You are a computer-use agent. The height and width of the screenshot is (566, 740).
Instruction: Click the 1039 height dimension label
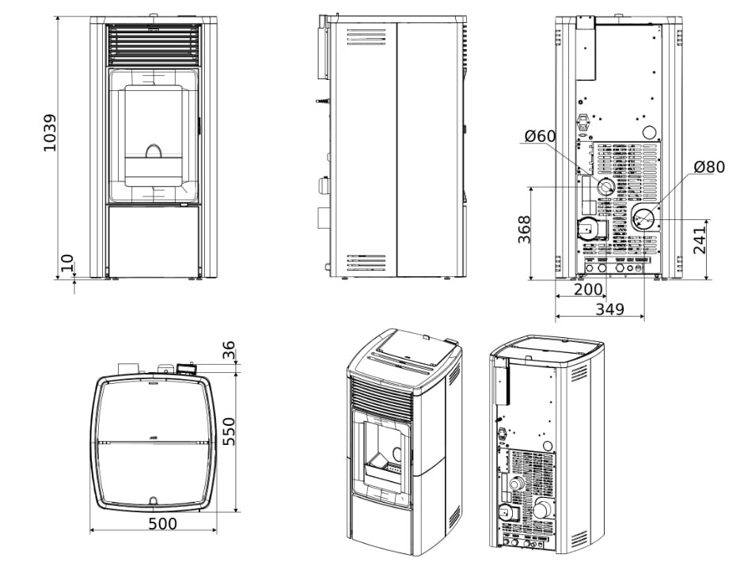(x=50, y=132)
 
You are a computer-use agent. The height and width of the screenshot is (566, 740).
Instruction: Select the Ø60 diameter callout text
(x=540, y=136)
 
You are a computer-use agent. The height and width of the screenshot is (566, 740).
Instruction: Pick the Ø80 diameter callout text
(x=708, y=167)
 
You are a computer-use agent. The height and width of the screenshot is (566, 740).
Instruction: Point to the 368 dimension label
(x=525, y=230)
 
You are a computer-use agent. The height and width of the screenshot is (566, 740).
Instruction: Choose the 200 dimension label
(x=587, y=290)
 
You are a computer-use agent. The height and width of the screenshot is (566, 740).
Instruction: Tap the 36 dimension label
(x=230, y=349)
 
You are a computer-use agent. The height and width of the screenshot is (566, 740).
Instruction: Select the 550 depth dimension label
(x=230, y=431)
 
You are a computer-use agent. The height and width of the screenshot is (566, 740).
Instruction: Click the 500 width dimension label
(x=162, y=523)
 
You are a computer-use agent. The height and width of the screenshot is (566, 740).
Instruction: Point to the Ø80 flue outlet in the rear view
(x=644, y=216)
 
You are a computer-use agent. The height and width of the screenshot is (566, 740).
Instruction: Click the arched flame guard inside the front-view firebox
(x=154, y=150)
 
